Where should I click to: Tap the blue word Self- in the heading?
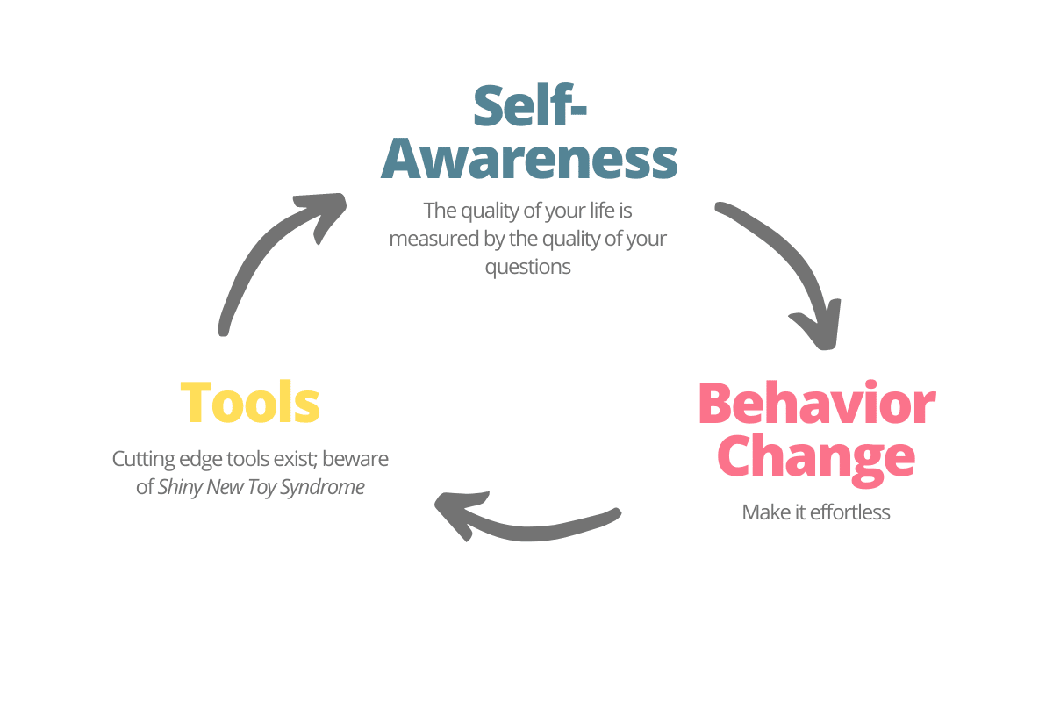tap(530, 105)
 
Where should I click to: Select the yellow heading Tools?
tap(250, 403)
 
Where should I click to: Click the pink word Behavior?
tap(816, 405)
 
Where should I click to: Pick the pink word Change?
tap(816, 457)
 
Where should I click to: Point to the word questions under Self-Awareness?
tap(528, 267)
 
